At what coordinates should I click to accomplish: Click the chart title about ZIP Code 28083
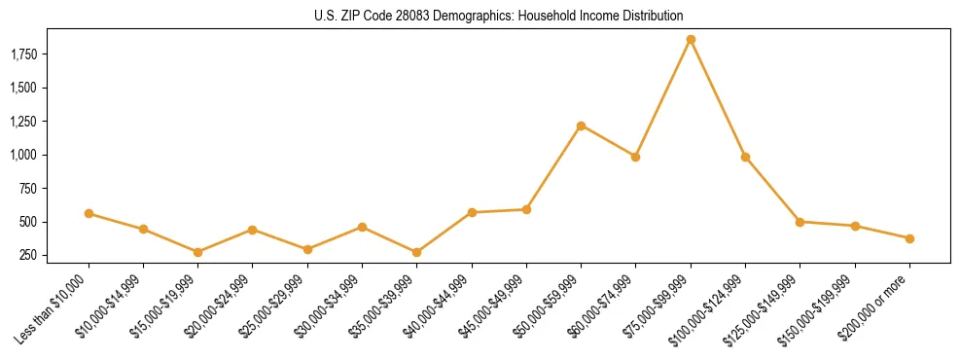pyautogui.click(x=499, y=16)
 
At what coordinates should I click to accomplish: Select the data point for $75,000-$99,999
pyautogui.click(x=691, y=40)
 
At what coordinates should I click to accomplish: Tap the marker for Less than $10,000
pyautogui.click(x=89, y=213)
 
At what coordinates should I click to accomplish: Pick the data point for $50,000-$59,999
pyautogui.click(x=581, y=126)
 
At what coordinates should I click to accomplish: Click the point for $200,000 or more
pyautogui.click(x=909, y=238)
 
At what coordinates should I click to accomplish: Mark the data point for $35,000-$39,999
pyautogui.click(x=417, y=252)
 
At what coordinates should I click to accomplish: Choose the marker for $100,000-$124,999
pyautogui.click(x=745, y=157)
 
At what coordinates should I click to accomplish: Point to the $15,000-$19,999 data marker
pyautogui.click(x=198, y=252)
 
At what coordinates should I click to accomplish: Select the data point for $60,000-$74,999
pyautogui.click(x=635, y=157)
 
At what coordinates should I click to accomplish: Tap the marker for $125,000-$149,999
pyautogui.click(x=800, y=222)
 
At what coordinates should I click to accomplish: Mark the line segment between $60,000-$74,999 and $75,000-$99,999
pyautogui.click(x=663, y=98)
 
